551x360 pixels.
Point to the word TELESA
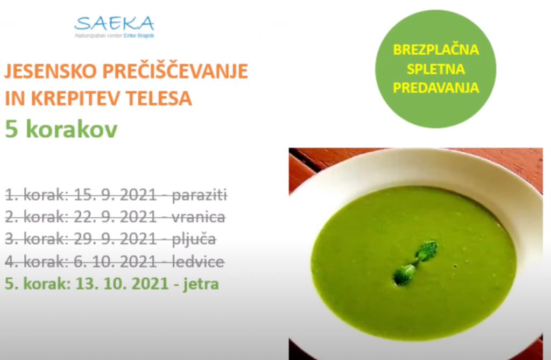click(154, 98)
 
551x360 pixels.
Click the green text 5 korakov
click(61, 130)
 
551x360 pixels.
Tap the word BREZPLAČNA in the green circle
click(436, 50)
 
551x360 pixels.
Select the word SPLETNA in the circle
click(436, 69)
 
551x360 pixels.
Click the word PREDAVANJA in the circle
click(436, 88)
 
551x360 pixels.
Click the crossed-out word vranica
click(199, 217)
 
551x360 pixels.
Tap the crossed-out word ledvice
click(198, 262)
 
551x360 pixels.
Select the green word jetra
click(201, 284)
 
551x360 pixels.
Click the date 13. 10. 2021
click(122, 284)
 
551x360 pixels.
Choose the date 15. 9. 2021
click(115, 195)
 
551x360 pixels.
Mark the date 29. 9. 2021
click(115, 239)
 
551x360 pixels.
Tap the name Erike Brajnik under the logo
click(139, 36)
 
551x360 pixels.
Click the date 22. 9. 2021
click(115, 217)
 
